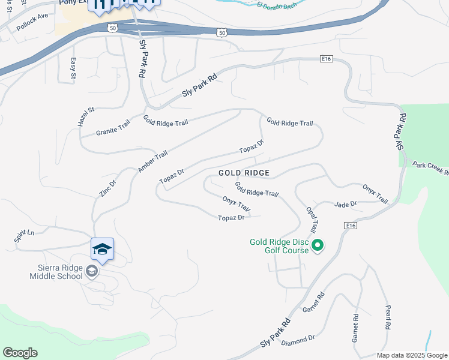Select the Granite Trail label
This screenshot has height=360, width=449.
point(113,128)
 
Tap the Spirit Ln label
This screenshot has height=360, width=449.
point(24,236)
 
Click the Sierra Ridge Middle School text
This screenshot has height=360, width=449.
point(56,272)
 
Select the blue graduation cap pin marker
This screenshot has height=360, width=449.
point(102,249)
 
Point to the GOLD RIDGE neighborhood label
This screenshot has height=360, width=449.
point(244,173)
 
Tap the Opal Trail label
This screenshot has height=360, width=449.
point(312,220)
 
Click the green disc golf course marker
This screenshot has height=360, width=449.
point(318,245)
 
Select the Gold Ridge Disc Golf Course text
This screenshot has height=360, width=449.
point(280,246)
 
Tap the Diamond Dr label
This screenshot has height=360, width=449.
point(298,341)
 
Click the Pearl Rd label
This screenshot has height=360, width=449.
point(388,318)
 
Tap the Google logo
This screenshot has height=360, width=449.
point(20,353)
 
